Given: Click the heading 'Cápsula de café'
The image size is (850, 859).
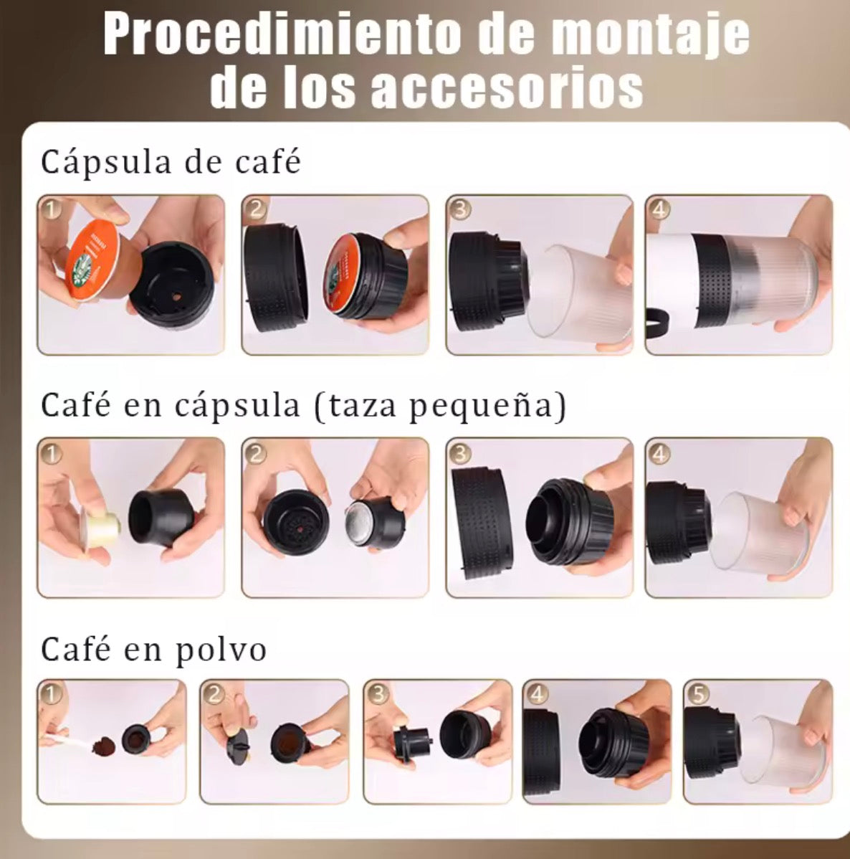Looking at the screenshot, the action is click(x=171, y=161).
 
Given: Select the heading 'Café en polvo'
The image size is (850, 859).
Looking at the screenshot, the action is click(x=154, y=649).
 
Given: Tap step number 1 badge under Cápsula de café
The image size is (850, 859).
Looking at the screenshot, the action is click(x=51, y=209).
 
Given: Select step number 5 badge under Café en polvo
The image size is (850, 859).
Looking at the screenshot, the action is click(x=698, y=693).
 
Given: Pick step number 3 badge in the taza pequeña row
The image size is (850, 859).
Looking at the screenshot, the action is click(x=459, y=452).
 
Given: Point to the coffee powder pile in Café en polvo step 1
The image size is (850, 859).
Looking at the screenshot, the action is click(x=104, y=746).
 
